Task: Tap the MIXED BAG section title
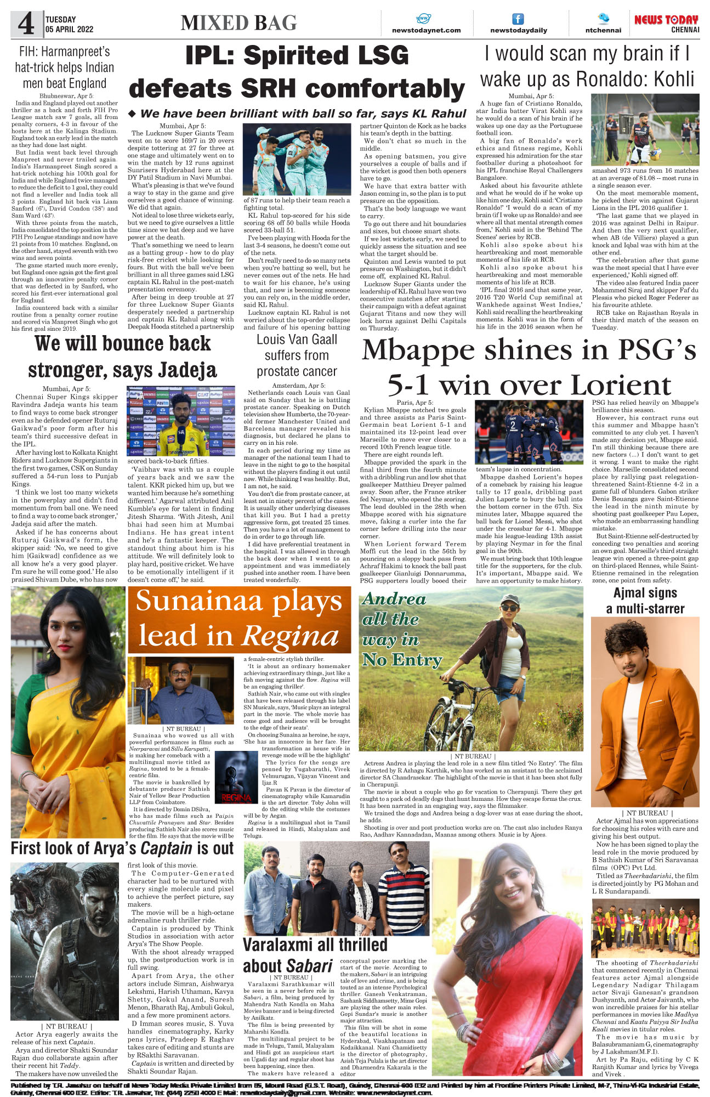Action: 238,23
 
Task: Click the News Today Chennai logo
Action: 666,24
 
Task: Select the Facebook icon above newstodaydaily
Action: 518,19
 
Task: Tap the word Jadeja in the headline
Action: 187,370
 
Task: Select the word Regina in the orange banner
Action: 291,637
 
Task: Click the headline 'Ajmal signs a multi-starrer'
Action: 645,601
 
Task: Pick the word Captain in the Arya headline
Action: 166,849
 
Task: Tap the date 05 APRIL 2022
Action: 70,30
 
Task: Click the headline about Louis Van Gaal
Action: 297,355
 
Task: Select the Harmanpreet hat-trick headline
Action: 64,67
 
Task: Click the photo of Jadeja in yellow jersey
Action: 181,421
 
